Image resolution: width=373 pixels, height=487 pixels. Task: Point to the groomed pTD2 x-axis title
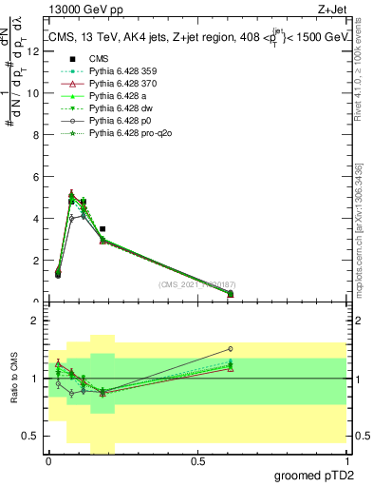pyautogui.click(x=314, y=476)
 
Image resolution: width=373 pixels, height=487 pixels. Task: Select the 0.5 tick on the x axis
pyautogui.click(x=197, y=463)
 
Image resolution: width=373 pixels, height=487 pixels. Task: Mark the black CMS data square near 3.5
pyautogui.click(x=103, y=229)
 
